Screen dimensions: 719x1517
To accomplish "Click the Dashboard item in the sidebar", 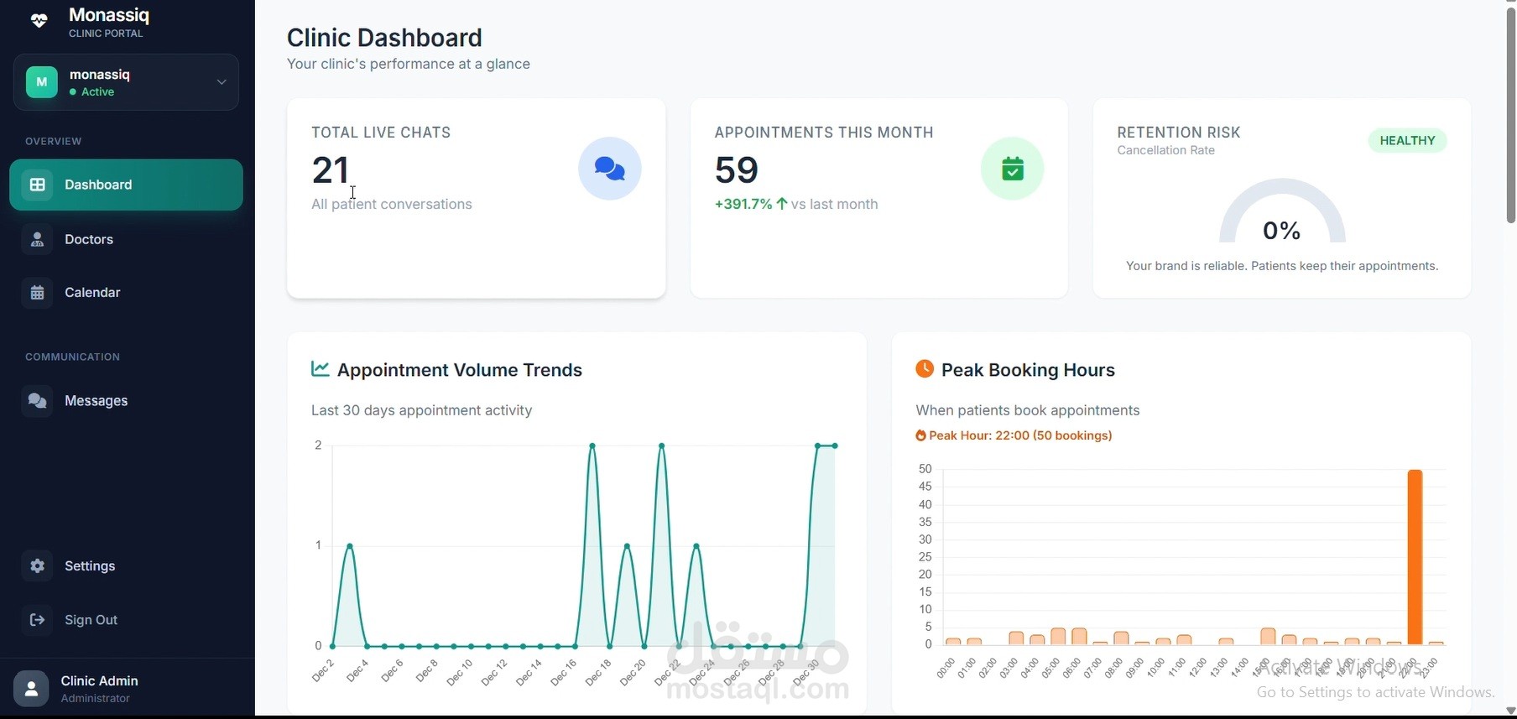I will (x=126, y=185).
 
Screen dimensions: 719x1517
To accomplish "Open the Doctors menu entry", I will (x=88, y=240).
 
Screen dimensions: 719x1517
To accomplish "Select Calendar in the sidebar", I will (x=91, y=293).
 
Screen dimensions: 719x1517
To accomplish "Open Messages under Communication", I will (x=96, y=401).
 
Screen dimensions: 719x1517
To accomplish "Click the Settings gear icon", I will (x=38, y=566).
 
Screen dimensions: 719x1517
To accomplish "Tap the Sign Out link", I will (x=91, y=620).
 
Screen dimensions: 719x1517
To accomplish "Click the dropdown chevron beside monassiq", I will (x=222, y=82).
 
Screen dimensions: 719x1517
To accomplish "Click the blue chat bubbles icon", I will (x=610, y=169).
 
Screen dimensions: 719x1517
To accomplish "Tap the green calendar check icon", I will (x=1013, y=169).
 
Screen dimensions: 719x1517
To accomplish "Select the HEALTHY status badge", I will (x=1407, y=141).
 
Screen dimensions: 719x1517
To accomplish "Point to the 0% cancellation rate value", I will (x=1281, y=231).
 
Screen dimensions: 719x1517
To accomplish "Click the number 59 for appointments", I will (x=737, y=170).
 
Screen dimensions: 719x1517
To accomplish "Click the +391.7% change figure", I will (x=743, y=204).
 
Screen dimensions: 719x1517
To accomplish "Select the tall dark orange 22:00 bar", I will (x=1415, y=556).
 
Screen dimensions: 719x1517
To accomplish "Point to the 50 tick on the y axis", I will (x=925, y=469).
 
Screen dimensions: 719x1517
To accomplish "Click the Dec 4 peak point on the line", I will (x=350, y=546).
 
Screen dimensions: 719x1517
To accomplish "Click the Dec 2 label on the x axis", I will (x=324, y=670).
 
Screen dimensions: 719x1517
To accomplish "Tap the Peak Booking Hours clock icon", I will (x=925, y=369).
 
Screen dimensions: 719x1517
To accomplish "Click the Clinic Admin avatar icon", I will (x=31, y=689).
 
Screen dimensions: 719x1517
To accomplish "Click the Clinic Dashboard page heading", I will (x=384, y=38).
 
